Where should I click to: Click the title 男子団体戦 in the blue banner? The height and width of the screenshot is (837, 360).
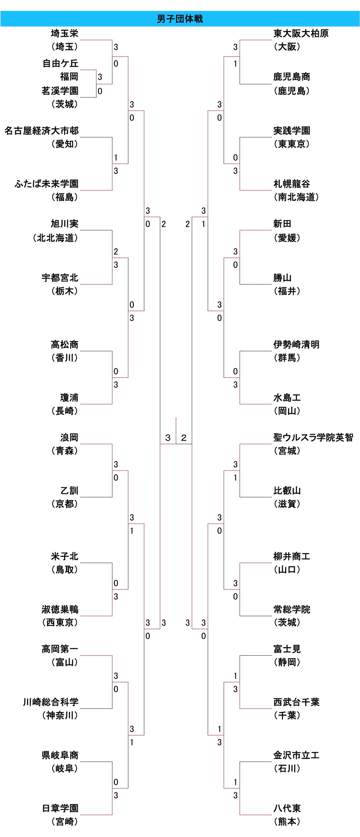tap(180, 19)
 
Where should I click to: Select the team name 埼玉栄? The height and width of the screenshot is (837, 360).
tap(64, 34)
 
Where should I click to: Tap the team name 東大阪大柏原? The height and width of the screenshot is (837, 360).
tap(301, 34)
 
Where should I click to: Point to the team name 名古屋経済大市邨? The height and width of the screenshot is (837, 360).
tap(42, 131)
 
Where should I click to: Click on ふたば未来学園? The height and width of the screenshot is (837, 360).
tap(46, 184)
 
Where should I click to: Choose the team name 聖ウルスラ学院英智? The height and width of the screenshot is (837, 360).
tap(313, 438)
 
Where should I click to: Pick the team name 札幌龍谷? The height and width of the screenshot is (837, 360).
tap(292, 184)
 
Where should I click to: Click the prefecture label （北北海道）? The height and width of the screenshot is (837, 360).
tap(55, 238)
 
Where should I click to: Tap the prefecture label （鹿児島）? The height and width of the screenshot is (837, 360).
tap(292, 91)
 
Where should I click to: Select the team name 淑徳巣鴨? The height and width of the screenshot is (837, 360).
tap(60, 609)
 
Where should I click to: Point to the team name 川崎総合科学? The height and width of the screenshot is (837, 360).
tap(51, 702)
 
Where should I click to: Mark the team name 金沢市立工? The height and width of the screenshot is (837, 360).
tap(296, 755)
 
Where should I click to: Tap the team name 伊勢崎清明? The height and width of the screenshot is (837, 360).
tap(296, 345)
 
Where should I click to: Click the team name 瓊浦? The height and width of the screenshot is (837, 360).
tap(69, 398)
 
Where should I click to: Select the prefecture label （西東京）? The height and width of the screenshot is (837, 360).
tap(60, 622)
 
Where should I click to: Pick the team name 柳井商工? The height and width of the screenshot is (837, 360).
tap(292, 556)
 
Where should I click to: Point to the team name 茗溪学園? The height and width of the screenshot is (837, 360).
tap(60, 91)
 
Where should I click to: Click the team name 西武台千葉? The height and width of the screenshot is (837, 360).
tap(296, 702)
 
